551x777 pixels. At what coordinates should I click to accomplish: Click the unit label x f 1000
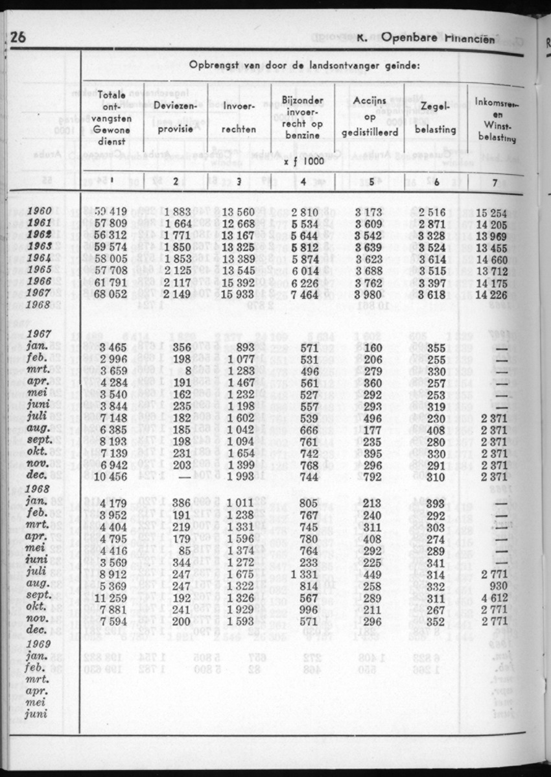tap(303, 161)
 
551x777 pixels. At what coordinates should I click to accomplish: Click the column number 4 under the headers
tap(303, 182)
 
